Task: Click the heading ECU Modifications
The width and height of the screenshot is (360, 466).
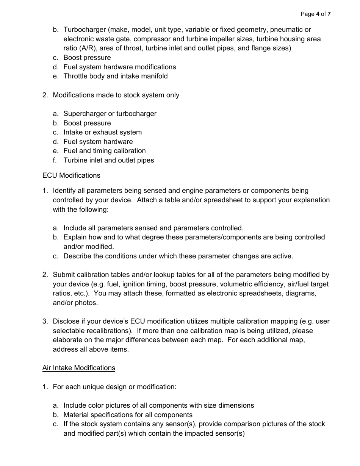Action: [x=71, y=175]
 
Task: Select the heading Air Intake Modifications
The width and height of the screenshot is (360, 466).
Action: [x=79, y=368]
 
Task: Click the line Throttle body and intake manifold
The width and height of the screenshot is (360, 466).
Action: [x=116, y=76]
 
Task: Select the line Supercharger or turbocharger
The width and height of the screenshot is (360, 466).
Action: [x=110, y=114]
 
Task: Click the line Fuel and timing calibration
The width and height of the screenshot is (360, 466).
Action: [x=105, y=151]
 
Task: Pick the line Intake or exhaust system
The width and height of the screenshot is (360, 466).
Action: [x=103, y=132]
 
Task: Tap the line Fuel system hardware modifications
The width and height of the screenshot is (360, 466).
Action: [x=120, y=67]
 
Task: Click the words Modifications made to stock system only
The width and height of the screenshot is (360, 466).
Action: [x=116, y=95]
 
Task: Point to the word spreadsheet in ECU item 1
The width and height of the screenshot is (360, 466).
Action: [x=223, y=200]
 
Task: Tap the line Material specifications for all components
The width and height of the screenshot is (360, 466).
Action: [x=128, y=415]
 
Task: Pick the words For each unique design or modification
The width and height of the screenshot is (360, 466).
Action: [x=115, y=387]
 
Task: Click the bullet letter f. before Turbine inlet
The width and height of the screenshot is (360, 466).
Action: [x=55, y=160]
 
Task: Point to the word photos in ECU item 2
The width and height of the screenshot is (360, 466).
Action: [x=86, y=303]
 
